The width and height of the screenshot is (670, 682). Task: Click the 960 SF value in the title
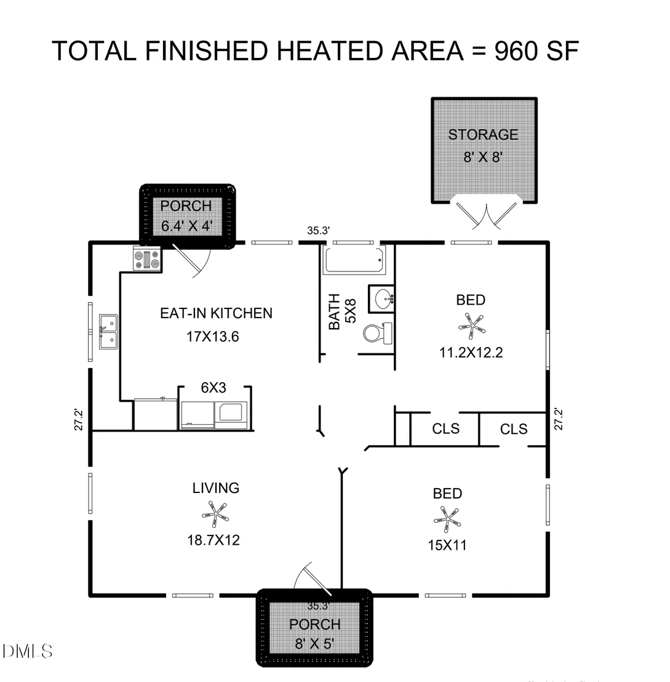[x=536, y=51]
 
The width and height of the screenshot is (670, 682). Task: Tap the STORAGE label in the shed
[x=483, y=135]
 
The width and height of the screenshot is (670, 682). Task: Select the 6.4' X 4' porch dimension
[x=186, y=226]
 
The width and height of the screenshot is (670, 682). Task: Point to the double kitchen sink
[x=108, y=332]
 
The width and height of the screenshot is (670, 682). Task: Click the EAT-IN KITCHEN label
[x=216, y=313]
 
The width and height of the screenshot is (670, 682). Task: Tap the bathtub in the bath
[x=354, y=260]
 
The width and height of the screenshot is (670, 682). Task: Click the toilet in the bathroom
[x=377, y=333]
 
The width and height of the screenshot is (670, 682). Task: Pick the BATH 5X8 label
[x=342, y=311]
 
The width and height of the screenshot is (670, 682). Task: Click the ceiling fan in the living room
[x=215, y=514]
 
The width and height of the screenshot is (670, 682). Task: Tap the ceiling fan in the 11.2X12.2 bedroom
[x=472, y=326]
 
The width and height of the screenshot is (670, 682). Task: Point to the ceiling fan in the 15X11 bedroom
[x=447, y=520]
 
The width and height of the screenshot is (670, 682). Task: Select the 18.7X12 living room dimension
[x=213, y=540]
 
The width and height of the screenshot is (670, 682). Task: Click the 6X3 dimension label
[x=213, y=388]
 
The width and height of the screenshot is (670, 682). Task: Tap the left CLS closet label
[x=445, y=429]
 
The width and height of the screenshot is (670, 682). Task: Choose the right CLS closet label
[x=514, y=429]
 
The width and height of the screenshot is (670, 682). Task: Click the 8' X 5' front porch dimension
[x=315, y=644]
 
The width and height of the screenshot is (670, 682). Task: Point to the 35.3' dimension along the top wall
[x=318, y=231]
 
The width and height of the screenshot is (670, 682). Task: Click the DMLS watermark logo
[x=27, y=652]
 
